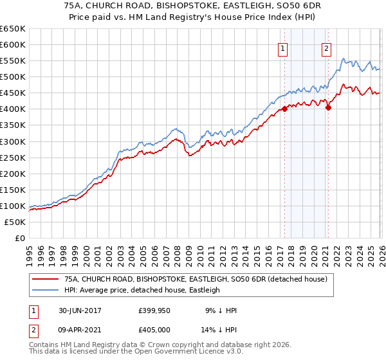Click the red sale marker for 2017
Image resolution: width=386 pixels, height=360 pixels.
[284, 109]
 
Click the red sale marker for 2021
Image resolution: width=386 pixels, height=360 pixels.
[328, 107]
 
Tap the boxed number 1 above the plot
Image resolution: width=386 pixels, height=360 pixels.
[283, 48]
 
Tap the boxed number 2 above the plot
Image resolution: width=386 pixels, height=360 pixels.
[327, 48]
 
